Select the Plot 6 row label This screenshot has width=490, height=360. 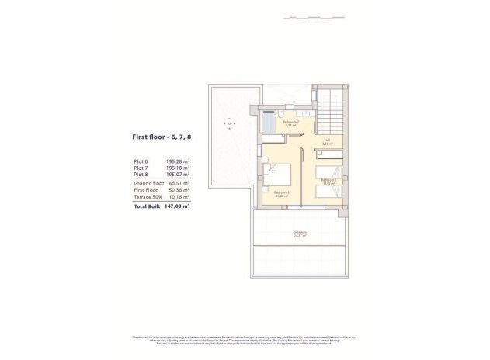click(x=141, y=161)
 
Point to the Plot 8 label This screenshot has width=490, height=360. click(x=141, y=175)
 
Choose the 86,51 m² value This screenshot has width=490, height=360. click(x=180, y=183)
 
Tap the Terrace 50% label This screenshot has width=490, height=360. click(x=147, y=197)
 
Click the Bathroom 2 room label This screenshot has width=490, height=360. click(x=291, y=123)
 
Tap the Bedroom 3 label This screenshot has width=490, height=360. click(x=282, y=192)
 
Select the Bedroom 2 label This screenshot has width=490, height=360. click(x=328, y=181)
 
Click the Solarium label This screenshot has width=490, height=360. click(x=299, y=232)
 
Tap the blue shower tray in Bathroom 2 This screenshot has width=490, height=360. click(x=268, y=123)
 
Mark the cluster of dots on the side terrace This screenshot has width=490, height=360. click(x=230, y=122)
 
